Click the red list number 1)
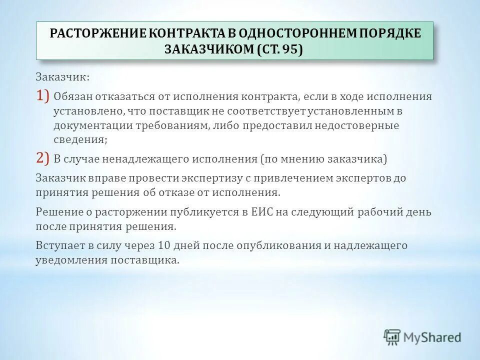42,95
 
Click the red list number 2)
42,159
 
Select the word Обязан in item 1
72,96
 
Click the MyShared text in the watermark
433,337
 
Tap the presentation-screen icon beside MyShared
392,337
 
